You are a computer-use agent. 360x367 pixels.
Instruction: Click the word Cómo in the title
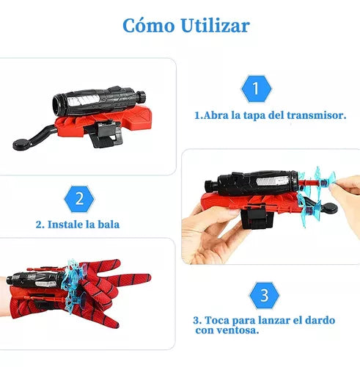click(149, 25)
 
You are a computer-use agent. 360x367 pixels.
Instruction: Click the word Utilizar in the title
click(216, 25)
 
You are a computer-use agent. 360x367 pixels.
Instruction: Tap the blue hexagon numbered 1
click(256, 89)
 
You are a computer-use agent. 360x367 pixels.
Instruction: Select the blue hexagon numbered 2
click(79, 199)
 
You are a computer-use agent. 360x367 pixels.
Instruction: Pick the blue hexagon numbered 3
click(264, 296)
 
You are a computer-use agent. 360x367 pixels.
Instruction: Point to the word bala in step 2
click(109, 225)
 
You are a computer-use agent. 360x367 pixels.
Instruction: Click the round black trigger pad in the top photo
click(22, 145)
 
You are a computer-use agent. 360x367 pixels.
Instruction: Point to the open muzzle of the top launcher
click(59, 105)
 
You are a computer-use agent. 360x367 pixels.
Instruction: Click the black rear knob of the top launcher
click(141, 96)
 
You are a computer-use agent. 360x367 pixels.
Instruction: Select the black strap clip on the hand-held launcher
click(256, 217)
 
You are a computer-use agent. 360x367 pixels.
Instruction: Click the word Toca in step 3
click(217, 320)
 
